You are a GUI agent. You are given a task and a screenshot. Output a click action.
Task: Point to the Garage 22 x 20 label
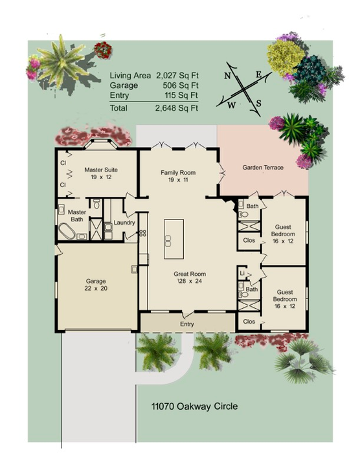(96, 285)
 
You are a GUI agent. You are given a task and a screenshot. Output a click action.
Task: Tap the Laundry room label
(124, 223)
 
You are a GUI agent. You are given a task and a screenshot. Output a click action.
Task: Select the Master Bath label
(77, 216)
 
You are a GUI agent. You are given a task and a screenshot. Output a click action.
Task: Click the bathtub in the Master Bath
(67, 232)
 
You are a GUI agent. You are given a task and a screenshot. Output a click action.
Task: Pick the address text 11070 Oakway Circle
(185, 407)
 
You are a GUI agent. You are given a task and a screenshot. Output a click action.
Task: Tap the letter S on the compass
(258, 103)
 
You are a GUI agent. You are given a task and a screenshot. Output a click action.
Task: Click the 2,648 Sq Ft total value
(176, 107)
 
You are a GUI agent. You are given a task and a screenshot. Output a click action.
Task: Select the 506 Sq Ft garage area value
(181, 85)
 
